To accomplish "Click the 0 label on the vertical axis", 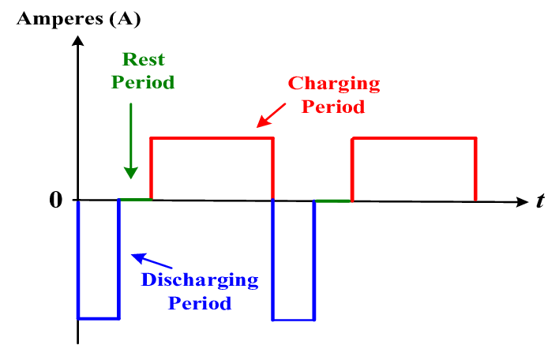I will coord(55,200).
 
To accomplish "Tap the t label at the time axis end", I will coord(541,201).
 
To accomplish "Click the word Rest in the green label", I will coord(143,60).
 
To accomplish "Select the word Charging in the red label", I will coord(333,83).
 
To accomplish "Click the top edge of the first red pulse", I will coord(212,138).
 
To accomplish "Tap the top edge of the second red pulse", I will coord(414,138).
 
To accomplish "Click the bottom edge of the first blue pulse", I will coord(98,318).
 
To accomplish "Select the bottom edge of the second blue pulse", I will coord(294,320).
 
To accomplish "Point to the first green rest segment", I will coord(134,200).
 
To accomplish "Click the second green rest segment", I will coord(332,201).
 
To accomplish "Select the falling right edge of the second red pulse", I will coord(475,169).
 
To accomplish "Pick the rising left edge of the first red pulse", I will coord(151,169).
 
